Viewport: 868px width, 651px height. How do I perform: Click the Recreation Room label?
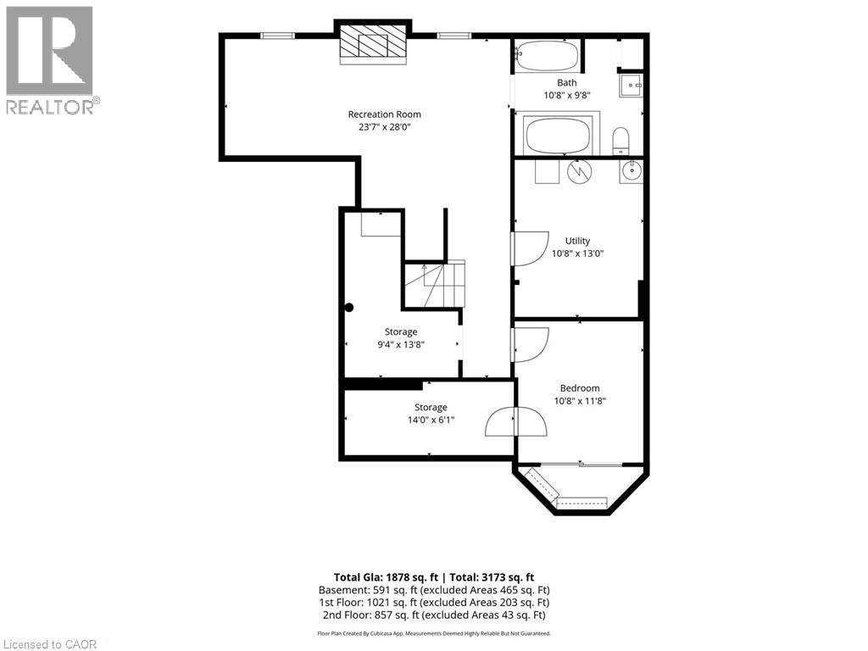(384, 114)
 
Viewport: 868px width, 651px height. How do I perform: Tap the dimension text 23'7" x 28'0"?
(384, 127)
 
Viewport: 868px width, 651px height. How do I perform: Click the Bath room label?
(567, 82)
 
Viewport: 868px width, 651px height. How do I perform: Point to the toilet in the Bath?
(620, 142)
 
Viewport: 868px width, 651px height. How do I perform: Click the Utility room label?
(577, 241)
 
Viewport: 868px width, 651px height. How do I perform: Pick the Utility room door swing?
(529, 248)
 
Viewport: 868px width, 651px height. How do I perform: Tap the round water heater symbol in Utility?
(579, 171)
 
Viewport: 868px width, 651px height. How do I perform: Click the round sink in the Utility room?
(631, 170)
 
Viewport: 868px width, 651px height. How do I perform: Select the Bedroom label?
(580, 388)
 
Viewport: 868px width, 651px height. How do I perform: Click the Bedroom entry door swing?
(530, 345)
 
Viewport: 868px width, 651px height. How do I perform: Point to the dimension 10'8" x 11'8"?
(580, 401)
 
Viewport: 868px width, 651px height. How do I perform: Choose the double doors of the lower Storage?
(516, 422)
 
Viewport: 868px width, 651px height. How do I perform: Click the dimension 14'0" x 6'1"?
(431, 420)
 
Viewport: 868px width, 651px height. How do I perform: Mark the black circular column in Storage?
(349, 309)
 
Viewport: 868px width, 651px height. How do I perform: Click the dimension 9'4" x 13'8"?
(401, 344)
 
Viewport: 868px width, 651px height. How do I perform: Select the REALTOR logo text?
(53, 106)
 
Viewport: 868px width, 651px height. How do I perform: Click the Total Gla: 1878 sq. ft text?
(386, 577)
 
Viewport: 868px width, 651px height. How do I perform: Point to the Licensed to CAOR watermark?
(49, 644)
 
